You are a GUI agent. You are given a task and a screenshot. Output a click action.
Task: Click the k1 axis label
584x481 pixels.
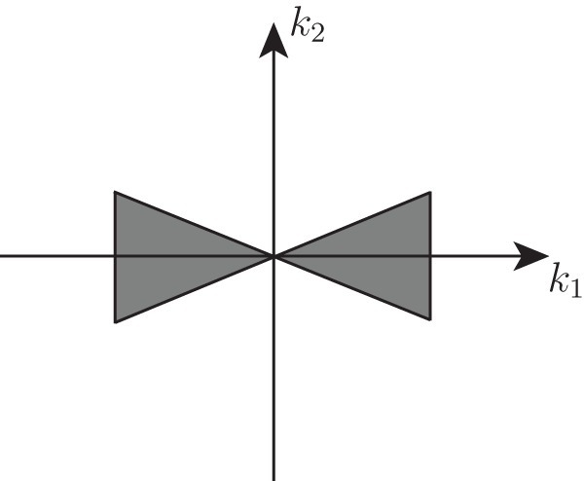coord(566,283)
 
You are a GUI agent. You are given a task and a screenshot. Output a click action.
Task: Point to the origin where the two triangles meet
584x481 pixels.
coord(274,256)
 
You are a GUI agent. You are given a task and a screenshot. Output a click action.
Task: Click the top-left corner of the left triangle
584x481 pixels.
coord(116,193)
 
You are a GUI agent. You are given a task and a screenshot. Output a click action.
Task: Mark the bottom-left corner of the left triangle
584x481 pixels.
coord(116,320)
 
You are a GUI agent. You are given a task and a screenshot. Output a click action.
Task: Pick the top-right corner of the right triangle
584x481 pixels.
coord(429,193)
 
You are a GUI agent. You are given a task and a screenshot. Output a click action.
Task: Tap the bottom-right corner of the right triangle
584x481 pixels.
coord(429,318)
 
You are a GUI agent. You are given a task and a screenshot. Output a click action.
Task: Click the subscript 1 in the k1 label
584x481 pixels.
coord(576,290)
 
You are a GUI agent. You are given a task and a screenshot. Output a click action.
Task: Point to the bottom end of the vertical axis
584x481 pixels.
coord(274,478)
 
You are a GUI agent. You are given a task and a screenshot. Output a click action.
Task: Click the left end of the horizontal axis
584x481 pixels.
coord(2,256)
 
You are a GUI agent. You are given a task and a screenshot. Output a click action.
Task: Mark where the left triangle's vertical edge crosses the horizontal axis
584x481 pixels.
coord(116,256)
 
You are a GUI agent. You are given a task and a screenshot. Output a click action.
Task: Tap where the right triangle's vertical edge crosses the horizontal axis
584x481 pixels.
coord(429,256)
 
